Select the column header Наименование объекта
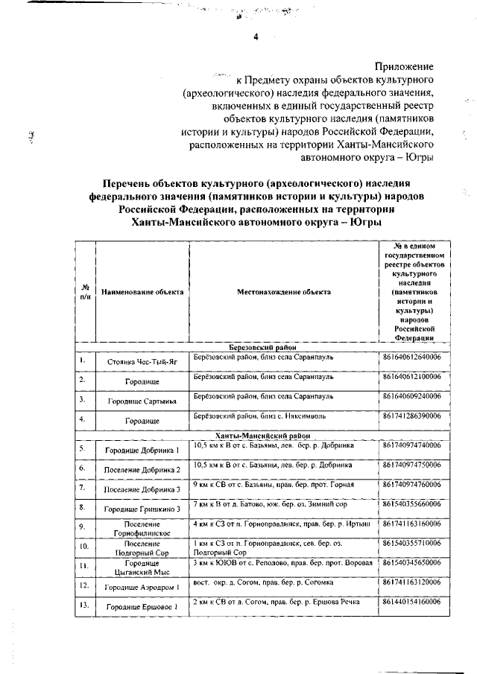tap(142, 292)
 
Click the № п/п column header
tap(86, 292)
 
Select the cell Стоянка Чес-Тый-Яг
tap(142, 361)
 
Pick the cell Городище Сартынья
tap(142, 401)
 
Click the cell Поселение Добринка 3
tap(142, 489)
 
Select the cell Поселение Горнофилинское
tap(142, 529)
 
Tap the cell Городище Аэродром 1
tap(142, 588)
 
